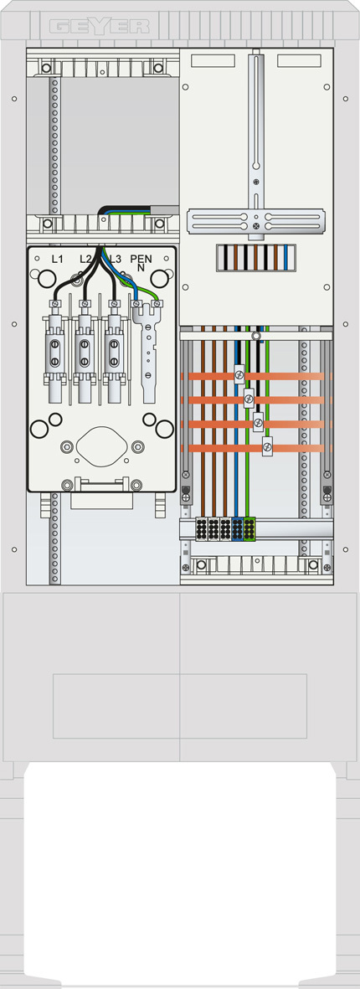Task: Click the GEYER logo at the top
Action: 99,27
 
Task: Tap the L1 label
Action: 57,259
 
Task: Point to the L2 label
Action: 85,259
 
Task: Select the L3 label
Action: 115,259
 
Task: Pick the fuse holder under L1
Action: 54,353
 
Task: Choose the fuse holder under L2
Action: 84,353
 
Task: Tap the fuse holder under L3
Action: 114,353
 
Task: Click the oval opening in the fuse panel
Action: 101,446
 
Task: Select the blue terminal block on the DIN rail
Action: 237,529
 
